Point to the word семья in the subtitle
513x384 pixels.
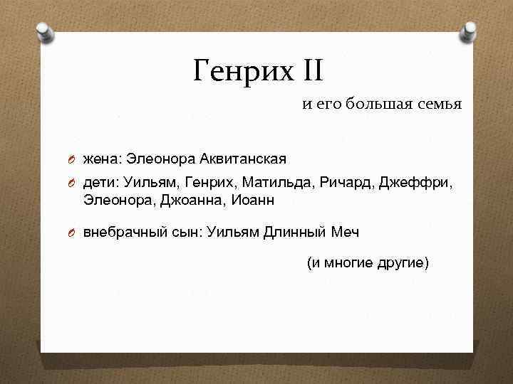pyautogui.click(x=437, y=105)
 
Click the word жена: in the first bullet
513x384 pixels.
pyautogui.click(x=103, y=157)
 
